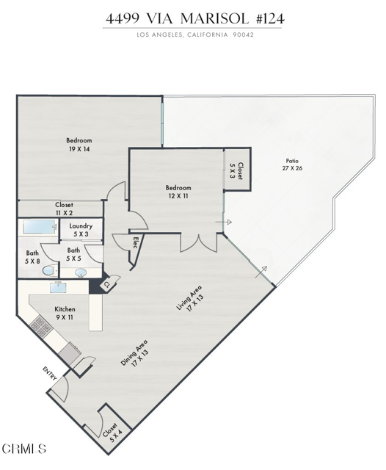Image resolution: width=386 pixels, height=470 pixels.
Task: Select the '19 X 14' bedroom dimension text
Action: click(79, 149)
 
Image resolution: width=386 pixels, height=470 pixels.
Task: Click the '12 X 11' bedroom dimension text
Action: click(178, 197)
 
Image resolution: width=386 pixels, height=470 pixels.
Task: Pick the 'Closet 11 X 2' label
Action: click(64, 209)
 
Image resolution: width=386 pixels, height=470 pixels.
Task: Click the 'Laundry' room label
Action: click(80, 230)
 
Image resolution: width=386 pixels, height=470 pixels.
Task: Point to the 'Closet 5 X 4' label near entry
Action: click(112, 431)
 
